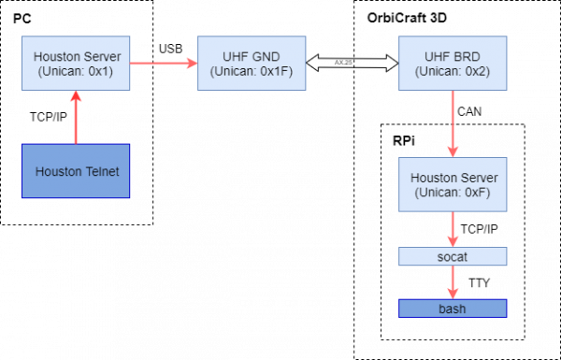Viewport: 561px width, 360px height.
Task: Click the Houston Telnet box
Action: point(76,171)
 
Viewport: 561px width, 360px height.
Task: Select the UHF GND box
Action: point(252,63)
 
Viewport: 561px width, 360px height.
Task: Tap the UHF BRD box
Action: point(453,63)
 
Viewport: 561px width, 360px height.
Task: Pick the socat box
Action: point(453,256)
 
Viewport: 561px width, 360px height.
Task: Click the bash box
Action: point(453,309)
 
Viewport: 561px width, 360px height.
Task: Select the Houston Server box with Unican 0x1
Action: point(76,63)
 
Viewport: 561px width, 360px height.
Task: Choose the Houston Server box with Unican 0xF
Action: point(453,184)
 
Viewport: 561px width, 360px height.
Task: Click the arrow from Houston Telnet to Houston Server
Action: point(76,118)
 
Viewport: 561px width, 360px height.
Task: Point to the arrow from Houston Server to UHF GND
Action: point(163,63)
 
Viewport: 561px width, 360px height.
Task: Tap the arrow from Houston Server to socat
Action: point(453,229)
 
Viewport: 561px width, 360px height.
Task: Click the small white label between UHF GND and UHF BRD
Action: point(343,63)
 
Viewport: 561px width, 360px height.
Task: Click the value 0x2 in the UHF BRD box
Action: point(481,70)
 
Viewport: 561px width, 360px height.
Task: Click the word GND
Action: point(266,56)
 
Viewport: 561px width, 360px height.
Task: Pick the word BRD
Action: point(467,56)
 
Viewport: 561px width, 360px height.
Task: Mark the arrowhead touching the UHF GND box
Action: point(192,63)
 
